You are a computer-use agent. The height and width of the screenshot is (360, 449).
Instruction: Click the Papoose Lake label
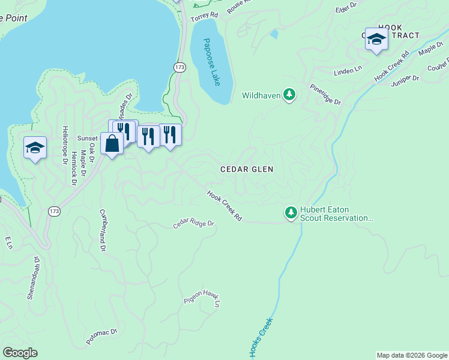click(211, 62)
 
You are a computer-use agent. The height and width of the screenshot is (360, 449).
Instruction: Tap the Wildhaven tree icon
click(290, 94)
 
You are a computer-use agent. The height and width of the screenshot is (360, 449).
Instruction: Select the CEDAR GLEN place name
click(247, 170)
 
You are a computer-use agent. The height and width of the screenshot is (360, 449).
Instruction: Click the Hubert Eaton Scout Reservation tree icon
click(291, 212)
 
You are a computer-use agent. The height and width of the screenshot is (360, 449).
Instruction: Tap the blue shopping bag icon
click(112, 143)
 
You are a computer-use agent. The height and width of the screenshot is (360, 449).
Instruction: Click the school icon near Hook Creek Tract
click(376, 40)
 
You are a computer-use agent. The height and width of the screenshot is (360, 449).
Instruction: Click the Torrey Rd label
click(202, 18)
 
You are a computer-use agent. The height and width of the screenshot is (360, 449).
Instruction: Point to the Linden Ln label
click(348, 70)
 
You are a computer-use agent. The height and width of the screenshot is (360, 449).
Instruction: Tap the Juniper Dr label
click(403, 79)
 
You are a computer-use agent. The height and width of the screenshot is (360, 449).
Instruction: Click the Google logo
click(20, 353)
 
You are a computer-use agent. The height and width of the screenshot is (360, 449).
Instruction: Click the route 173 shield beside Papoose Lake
click(179, 68)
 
